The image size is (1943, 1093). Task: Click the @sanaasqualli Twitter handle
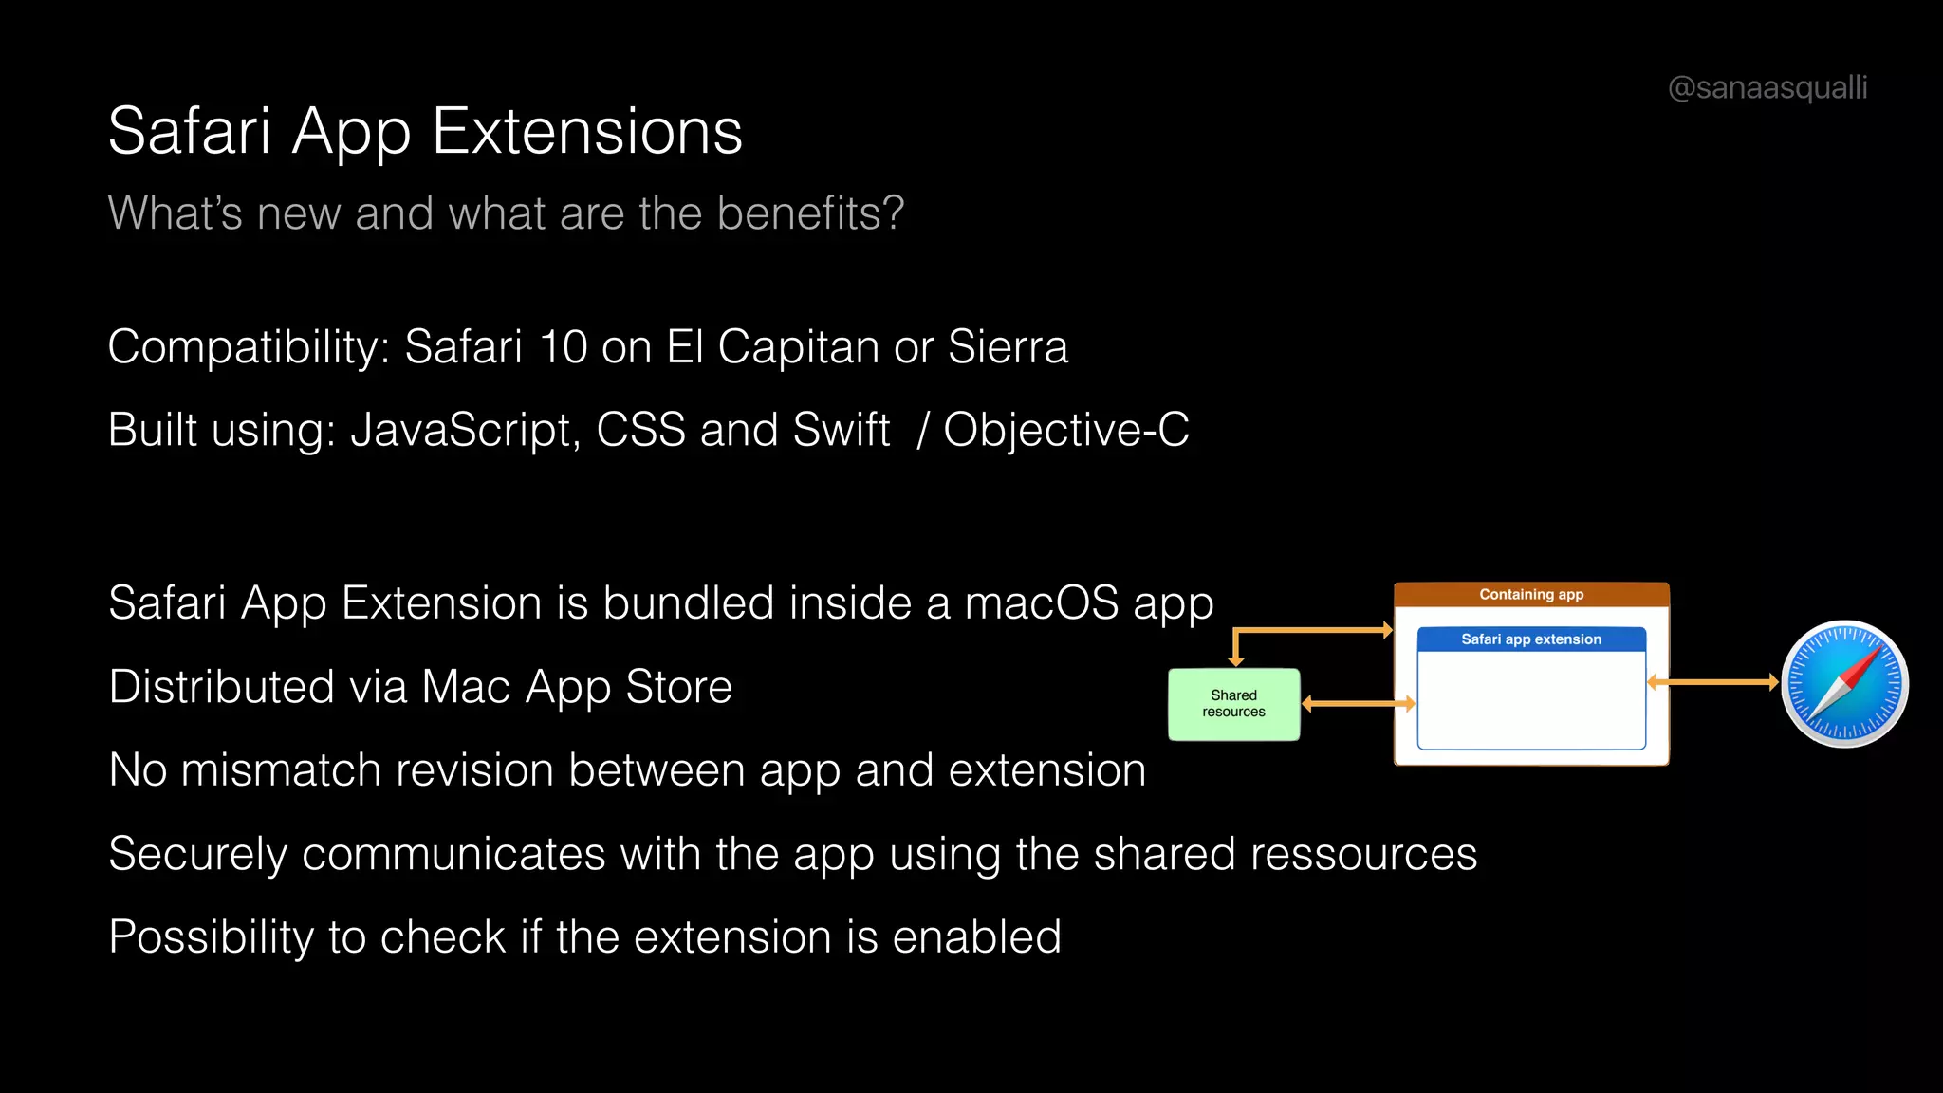[x=1767, y=87]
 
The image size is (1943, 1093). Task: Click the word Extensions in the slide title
[x=587, y=131]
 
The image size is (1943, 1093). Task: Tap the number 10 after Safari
[x=563, y=347]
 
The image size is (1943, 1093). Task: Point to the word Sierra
[x=1008, y=347]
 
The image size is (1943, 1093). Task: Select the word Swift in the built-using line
[x=841, y=431]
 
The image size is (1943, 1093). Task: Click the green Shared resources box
[x=1233, y=704]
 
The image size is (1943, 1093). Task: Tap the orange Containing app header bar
[x=1530, y=595]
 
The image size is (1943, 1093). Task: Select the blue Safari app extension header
[x=1530, y=639]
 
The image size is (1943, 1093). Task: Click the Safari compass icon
[x=1844, y=683]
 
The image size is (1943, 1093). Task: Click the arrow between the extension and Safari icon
[x=1712, y=682]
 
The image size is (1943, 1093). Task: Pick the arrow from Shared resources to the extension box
[x=1358, y=704]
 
